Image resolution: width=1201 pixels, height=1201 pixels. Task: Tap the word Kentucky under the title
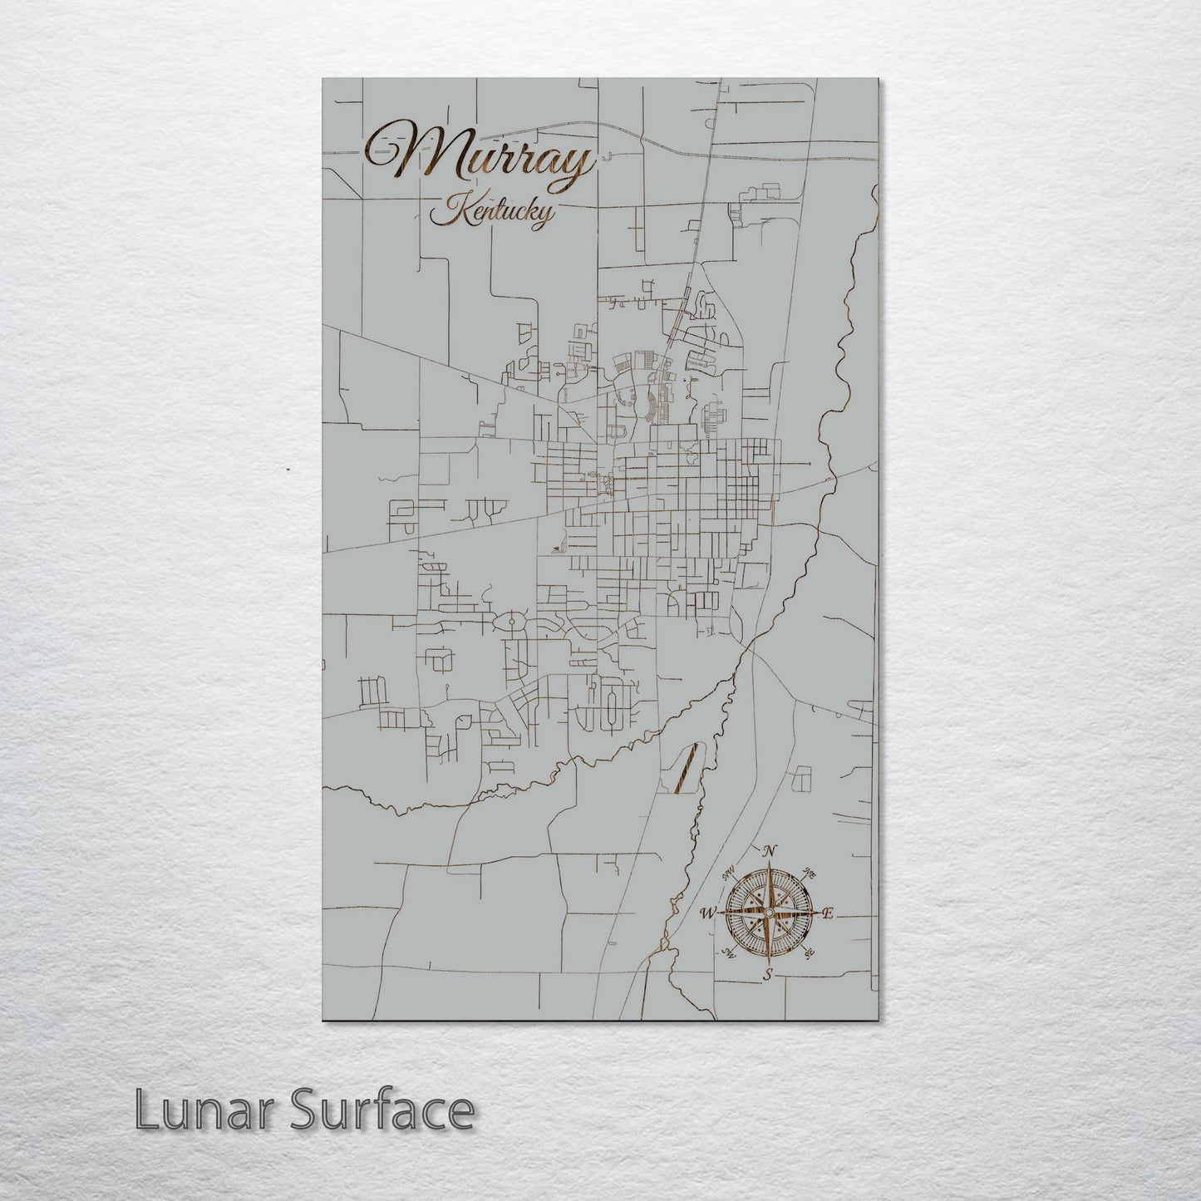[x=490, y=213]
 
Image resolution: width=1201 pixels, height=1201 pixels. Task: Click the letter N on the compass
[x=770, y=850]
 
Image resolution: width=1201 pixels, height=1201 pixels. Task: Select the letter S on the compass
[x=769, y=973]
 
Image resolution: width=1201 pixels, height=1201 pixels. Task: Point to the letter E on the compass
[x=828, y=913]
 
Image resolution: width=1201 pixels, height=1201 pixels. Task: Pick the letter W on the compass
[x=707, y=913]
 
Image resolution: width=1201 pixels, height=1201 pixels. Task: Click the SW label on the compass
[x=729, y=954]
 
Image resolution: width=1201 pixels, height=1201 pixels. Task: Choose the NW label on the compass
[x=730, y=872]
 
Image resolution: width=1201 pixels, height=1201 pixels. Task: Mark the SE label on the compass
[x=809, y=954]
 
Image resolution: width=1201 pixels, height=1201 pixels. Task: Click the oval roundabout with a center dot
[x=510, y=622]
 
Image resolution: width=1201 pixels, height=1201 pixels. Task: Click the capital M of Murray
[x=416, y=154]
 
